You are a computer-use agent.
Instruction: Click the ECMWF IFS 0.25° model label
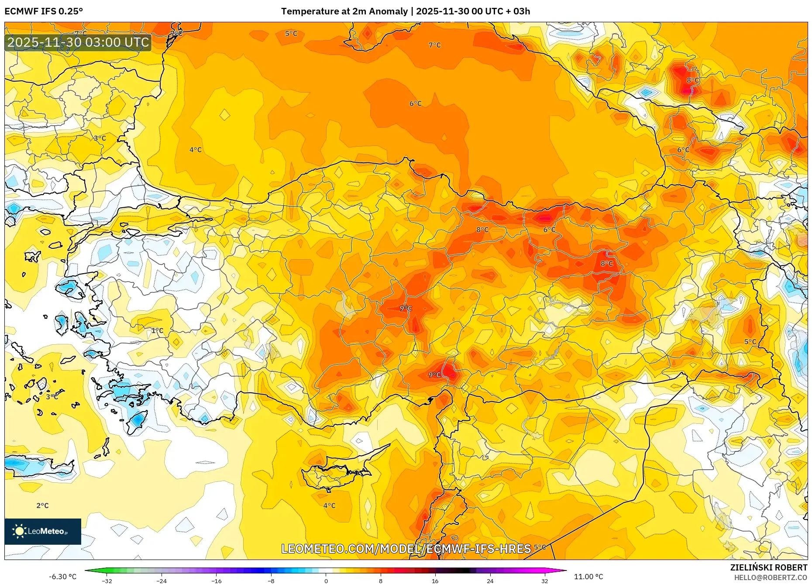(44, 11)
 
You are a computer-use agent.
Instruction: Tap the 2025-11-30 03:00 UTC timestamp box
(78, 42)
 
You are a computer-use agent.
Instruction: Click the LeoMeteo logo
(43, 531)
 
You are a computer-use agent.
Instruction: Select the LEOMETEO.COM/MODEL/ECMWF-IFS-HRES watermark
(406, 549)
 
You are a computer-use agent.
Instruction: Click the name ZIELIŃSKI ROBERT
(768, 567)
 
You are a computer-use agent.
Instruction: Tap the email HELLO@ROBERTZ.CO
(770, 577)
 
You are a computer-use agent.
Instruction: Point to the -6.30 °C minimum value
(62, 577)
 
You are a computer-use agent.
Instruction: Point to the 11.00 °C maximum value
(588, 577)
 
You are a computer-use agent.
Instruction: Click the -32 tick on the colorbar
(107, 581)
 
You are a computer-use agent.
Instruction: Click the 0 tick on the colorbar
(326, 581)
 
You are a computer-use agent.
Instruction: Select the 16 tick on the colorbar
(435, 581)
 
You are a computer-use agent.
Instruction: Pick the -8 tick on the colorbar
(271, 581)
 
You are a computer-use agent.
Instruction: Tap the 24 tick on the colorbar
(490, 581)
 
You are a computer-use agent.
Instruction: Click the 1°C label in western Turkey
(157, 330)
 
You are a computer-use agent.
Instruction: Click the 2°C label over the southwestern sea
(42, 505)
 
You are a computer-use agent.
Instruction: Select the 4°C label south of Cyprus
(329, 505)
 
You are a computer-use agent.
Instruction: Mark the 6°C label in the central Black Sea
(415, 103)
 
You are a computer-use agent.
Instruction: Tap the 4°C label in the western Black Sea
(195, 150)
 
